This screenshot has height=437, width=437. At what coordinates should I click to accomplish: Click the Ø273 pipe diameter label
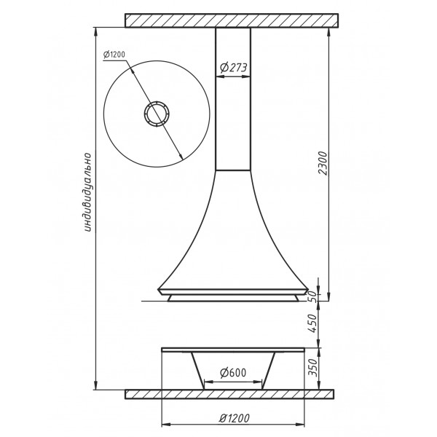(x=234, y=68)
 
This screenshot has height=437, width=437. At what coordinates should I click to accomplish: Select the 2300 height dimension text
(x=323, y=163)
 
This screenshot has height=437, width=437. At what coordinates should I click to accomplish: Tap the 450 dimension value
(x=313, y=323)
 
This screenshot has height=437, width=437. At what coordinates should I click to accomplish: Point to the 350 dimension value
(x=313, y=368)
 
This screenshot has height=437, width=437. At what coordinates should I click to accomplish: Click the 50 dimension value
(x=313, y=297)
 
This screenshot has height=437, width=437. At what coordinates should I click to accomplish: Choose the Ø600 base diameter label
(x=233, y=373)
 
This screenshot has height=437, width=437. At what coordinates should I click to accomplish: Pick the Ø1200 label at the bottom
(x=234, y=418)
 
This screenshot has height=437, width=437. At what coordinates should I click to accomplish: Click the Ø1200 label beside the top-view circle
(x=114, y=55)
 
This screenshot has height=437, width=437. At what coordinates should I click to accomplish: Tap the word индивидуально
(x=87, y=192)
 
